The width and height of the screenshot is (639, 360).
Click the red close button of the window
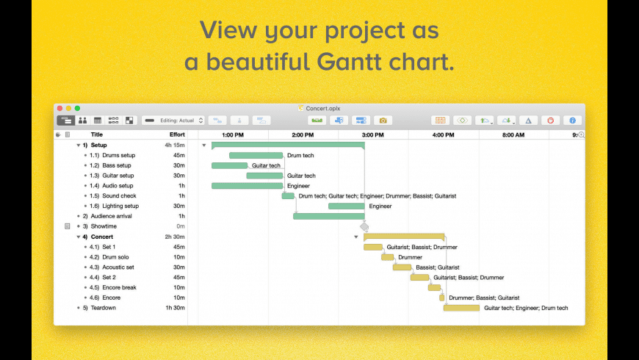point(60,109)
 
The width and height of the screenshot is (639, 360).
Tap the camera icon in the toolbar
point(383,120)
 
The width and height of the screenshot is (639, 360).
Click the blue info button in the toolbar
point(572,120)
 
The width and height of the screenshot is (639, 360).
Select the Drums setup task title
point(118,155)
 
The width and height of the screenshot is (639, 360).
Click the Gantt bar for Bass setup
point(229,165)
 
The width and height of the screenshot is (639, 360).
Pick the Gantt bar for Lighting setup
point(347,206)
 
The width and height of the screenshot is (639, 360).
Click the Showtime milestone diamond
point(364,227)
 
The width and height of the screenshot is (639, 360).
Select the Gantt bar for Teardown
point(461,309)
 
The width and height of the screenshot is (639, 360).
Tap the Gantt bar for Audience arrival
point(329,217)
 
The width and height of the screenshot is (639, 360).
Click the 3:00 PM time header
point(373,135)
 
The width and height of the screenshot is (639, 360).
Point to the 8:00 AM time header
point(513,135)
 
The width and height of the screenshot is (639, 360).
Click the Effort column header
point(177,134)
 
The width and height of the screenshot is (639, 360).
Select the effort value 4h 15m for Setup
point(175,145)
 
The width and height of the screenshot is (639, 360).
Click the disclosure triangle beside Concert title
point(79,237)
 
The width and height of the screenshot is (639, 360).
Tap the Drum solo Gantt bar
point(388,257)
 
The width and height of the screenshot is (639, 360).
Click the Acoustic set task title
point(118,267)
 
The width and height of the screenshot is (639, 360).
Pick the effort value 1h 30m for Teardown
point(176,308)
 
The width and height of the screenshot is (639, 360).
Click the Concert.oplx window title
point(322,109)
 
